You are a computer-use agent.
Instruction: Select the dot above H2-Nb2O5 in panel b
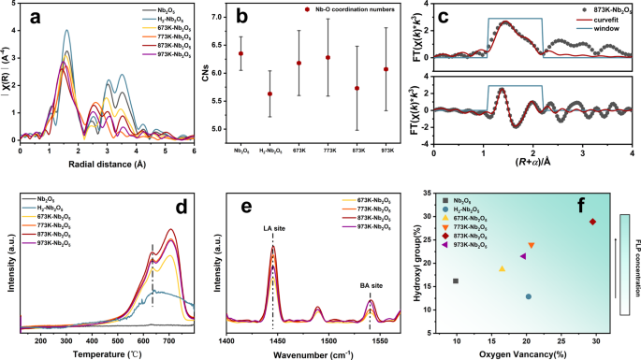point(270,94)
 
